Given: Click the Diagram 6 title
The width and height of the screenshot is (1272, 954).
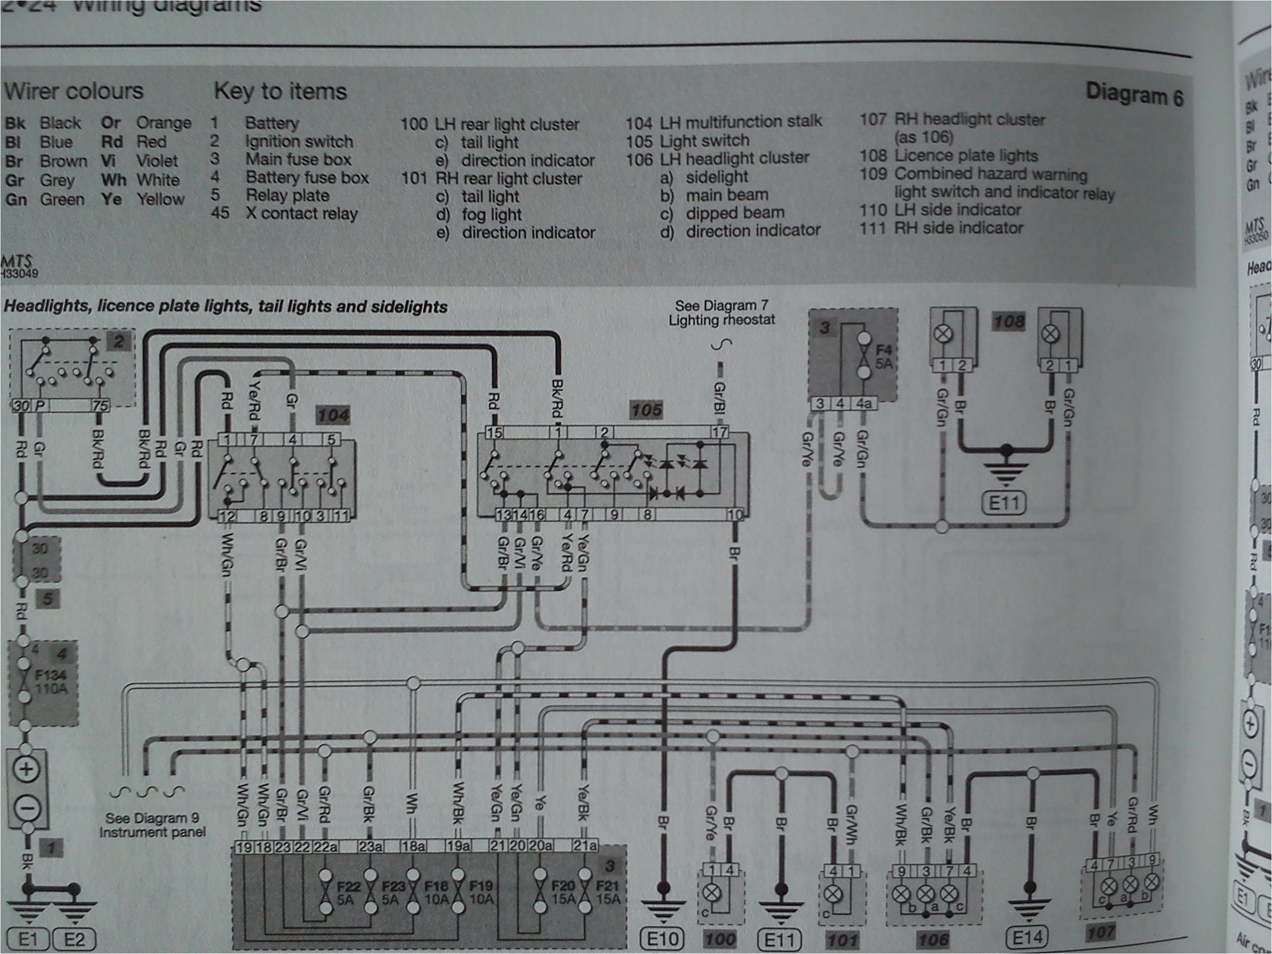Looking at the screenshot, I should point(1134,95).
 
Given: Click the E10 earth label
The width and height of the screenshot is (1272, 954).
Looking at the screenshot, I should point(662,939).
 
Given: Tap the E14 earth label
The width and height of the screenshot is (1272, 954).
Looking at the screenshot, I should point(1027,938).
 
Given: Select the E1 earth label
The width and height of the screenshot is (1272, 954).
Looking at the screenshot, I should point(27,940).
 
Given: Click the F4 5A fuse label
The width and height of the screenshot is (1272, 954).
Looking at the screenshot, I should point(883,357).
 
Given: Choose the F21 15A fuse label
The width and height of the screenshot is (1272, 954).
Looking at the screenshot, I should point(609,893).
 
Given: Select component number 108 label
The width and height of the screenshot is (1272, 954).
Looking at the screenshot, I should point(1008,321).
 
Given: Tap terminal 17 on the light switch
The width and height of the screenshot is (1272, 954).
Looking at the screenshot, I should point(719,432).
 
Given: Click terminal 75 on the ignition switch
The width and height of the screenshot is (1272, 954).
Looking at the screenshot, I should point(100,406).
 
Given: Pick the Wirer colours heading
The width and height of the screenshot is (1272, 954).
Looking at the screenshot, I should point(74,91).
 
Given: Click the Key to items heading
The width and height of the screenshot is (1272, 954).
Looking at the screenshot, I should point(281,91).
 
